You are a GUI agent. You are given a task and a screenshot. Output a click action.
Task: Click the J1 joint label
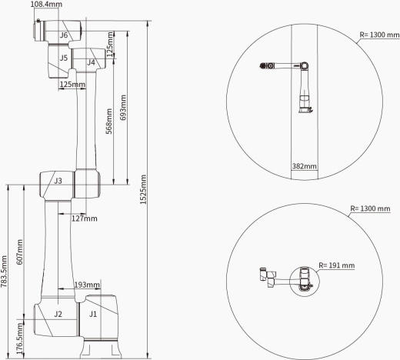coord(93,314)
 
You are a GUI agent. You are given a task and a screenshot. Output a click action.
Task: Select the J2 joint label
coord(58,314)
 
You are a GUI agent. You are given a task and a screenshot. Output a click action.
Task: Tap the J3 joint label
coord(58,181)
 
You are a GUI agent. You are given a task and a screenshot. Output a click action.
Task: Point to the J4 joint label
coord(91,62)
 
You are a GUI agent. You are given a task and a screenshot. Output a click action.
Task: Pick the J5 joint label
coord(64,58)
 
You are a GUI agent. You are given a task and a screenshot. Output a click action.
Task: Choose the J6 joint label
coord(64,35)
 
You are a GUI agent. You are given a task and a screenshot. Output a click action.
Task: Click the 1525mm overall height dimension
coord(143,189)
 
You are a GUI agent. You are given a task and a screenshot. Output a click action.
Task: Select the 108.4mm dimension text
coord(46,4)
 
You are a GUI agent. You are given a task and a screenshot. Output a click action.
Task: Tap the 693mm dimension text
coord(123,108)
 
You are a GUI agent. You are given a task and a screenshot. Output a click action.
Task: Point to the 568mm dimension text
coord(109,122)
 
